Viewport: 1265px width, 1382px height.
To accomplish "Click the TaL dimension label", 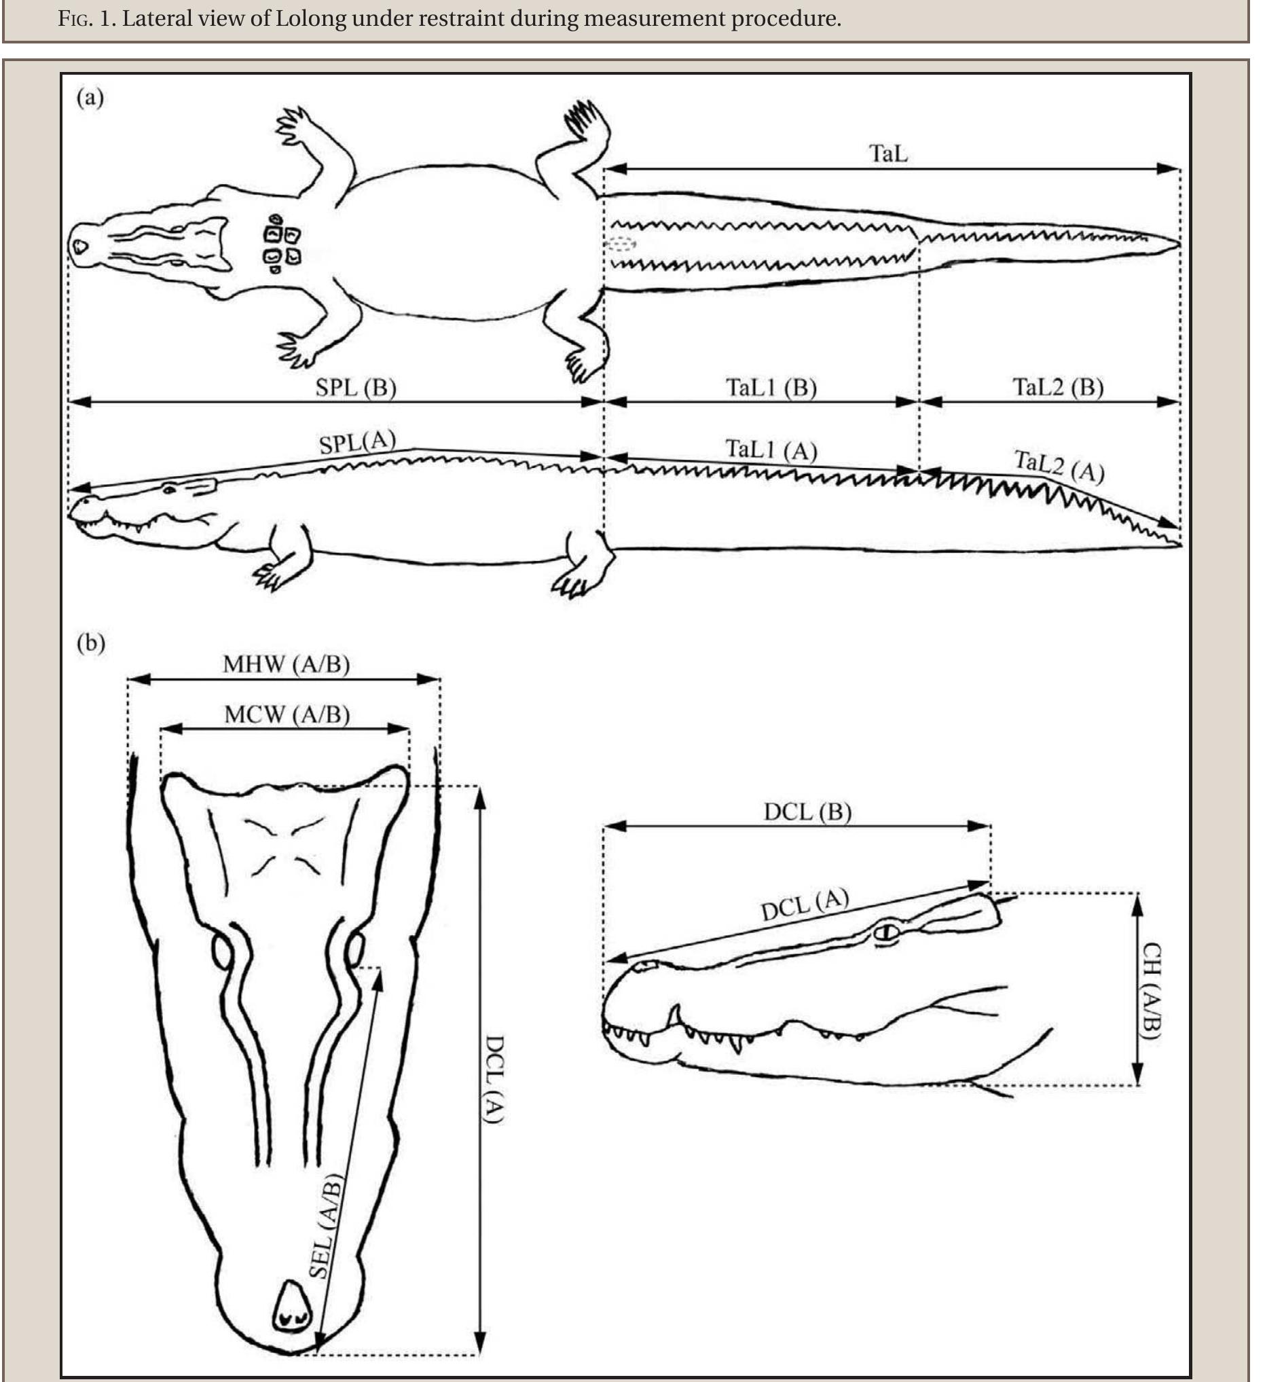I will (888, 153).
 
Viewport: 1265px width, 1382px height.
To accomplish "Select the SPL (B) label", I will (356, 388).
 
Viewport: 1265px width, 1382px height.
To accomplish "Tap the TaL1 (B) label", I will (771, 388).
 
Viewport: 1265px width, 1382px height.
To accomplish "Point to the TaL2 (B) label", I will (1057, 388).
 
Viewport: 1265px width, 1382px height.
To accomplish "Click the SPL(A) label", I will (357, 442).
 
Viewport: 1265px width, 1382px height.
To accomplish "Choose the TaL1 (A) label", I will (771, 450).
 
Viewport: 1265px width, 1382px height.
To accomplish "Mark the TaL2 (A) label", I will (1059, 467).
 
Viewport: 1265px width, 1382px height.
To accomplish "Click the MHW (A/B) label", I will (286, 664).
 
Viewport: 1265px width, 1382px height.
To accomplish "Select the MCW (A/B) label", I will (287, 715).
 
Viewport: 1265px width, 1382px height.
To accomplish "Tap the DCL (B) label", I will (807, 812).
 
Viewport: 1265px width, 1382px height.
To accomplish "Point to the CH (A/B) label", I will (1151, 991).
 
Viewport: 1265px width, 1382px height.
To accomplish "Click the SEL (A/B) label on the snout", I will (325, 1226).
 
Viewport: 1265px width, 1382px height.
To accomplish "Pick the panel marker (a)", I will (90, 98).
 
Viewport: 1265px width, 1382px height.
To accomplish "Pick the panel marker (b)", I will (90, 643).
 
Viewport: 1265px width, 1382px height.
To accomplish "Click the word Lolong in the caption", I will (310, 18).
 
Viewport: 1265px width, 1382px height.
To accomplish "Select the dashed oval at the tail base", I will (621, 243).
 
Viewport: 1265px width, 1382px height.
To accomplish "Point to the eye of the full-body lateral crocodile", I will (168, 489).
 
